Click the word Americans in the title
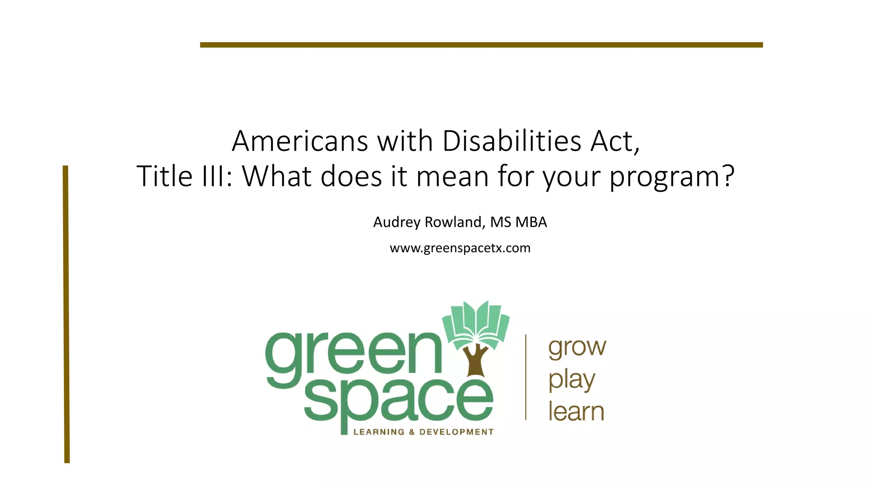[299, 141]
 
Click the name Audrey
[397, 222]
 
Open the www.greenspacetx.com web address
[460, 248]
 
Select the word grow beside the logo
[577, 348]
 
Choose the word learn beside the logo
[576, 412]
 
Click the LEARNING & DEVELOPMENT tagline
[423, 432]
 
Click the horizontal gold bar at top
[481, 45]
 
